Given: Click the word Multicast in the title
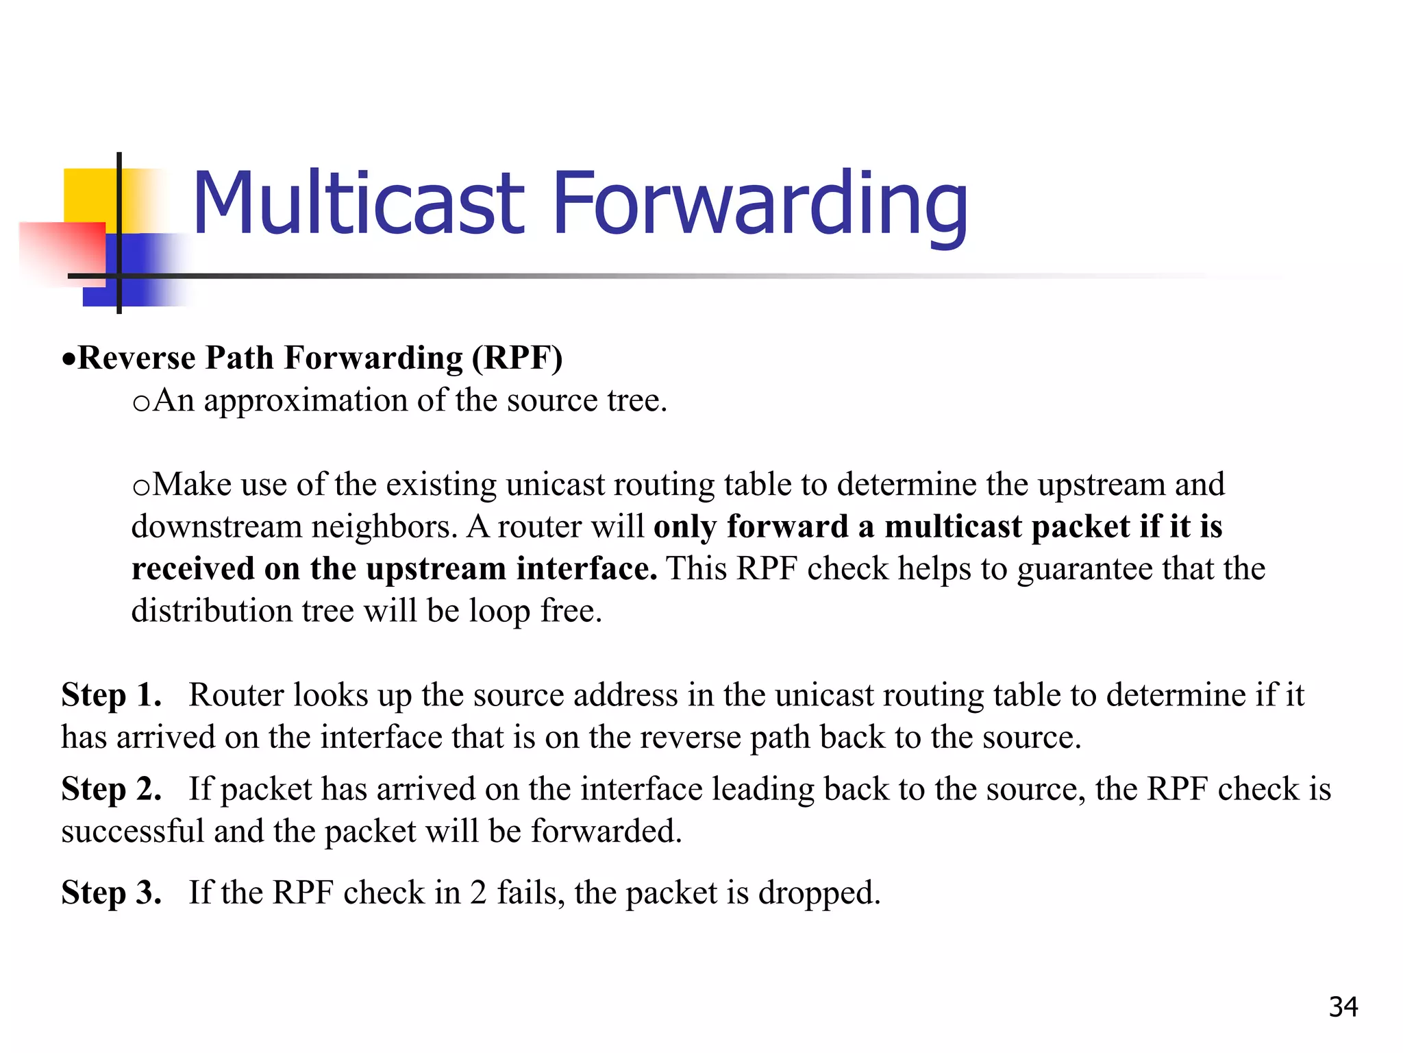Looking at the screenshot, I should tap(359, 204).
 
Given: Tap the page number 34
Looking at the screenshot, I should tap(1343, 1007).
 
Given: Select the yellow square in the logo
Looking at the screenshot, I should tap(89, 195).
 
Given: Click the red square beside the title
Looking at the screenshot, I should tap(62, 251).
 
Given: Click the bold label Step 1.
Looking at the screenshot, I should tap(111, 695).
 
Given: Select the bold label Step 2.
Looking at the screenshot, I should tap(111, 789).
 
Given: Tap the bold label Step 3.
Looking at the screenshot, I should tap(111, 893).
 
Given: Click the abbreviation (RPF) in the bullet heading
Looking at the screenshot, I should tap(517, 359).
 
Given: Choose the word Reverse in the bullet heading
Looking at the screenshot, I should tap(136, 359).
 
